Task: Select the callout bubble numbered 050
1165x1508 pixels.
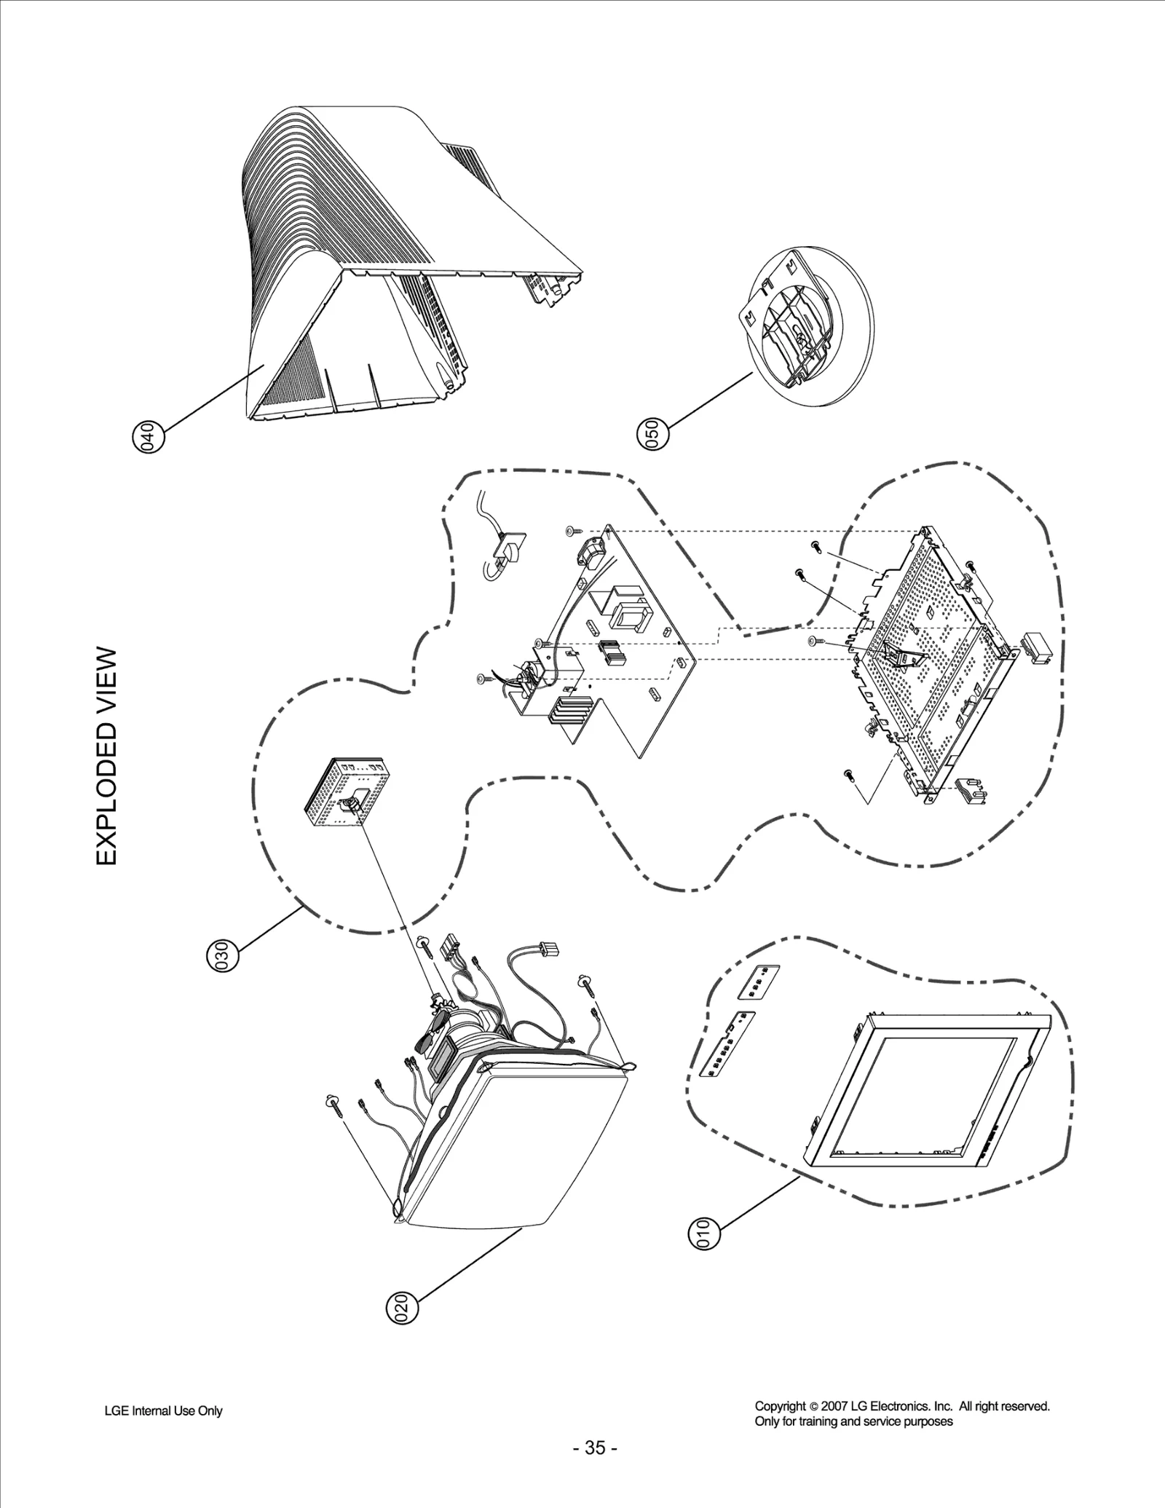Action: click(x=652, y=434)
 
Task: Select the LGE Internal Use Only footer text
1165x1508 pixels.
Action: click(x=163, y=1410)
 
